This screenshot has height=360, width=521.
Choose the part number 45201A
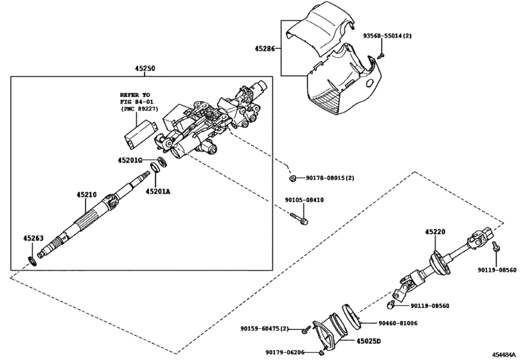(158, 191)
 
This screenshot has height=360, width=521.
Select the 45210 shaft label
(87, 194)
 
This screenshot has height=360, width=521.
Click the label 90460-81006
(399, 323)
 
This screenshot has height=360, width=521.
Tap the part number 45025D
(369, 341)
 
